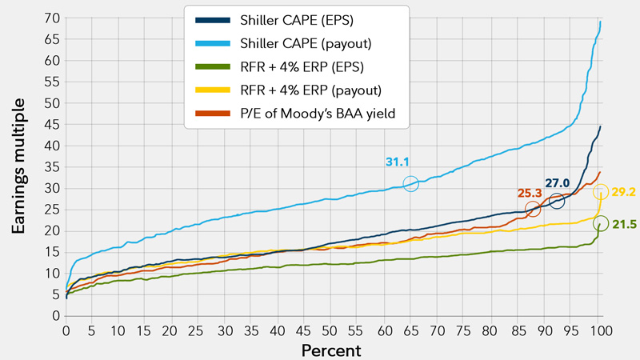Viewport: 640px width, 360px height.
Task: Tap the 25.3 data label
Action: point(529,193)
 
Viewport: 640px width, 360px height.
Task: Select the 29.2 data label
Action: point(625,192)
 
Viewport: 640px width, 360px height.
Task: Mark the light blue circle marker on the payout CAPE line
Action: point(411,184)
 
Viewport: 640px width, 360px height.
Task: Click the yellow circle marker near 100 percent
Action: point(602,191)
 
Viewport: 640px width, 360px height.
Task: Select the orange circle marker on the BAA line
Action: point(533,209)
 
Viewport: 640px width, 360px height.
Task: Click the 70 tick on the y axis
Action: point(50,18)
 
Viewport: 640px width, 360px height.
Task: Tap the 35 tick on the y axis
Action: point(50,167)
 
